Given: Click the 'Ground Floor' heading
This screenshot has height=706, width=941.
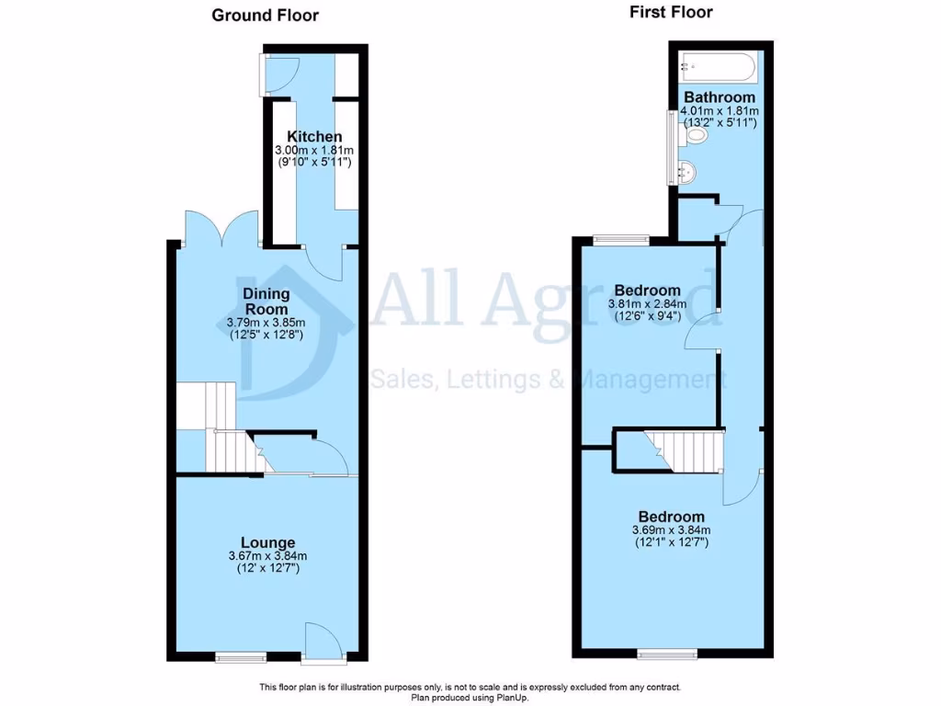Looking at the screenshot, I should [x=265, y=15].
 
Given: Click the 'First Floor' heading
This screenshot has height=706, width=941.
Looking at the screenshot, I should [x=671, y=12].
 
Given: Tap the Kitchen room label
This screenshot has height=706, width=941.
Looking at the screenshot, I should [x=314, y=137].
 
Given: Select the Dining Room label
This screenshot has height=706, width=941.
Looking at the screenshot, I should [x=266, y=301].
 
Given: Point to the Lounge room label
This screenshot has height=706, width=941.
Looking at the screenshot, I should [x=267, y=542].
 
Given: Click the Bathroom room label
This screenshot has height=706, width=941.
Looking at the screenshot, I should [x=720, y=97].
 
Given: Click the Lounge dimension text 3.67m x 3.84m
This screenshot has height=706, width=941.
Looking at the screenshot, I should [x=267, y=556].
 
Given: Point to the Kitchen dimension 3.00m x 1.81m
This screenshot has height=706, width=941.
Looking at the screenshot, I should [x=314, y=151].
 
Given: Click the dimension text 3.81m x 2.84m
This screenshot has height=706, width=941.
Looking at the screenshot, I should [x=647, y=304].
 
